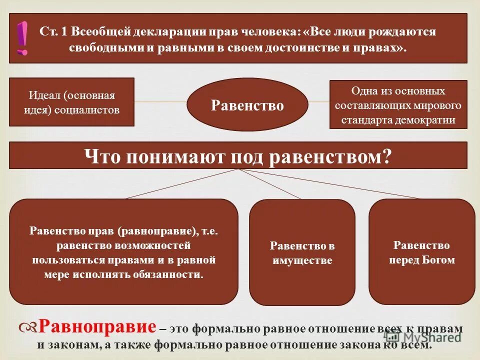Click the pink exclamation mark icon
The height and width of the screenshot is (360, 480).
point(22,38)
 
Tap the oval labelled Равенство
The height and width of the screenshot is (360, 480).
point(247,104)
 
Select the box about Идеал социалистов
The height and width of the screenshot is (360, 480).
point(72,102)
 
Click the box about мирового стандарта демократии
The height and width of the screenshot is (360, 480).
point(398,105)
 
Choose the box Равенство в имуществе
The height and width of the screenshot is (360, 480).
point(302,252)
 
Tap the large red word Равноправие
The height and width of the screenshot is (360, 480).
point(97,327)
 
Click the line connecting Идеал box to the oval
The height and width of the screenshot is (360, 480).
point(160,102)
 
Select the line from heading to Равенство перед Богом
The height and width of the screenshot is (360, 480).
point(330,183)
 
